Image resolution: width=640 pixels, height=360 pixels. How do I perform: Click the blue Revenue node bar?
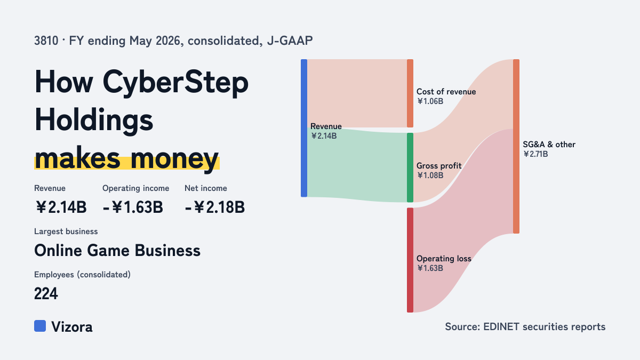[x=304, y=128]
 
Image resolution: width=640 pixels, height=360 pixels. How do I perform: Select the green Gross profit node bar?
[x=410, y=167]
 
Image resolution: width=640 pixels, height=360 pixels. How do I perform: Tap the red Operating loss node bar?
[x=410, y=260]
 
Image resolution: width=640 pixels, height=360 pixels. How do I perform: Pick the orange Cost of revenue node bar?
[x=410, y=93]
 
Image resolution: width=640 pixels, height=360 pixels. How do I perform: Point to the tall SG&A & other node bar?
[x=516, y=146]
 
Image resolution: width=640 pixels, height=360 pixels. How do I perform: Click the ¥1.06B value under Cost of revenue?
[x=430, y=101]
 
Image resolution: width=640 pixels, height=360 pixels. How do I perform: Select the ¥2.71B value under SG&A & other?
[x=535, y=154]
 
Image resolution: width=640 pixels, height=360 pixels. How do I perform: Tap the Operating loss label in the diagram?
[x=444, y=259]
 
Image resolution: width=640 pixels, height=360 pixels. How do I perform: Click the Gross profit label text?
[x=439, y=166]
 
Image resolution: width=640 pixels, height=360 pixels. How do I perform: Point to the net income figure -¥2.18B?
[x=215, y=207]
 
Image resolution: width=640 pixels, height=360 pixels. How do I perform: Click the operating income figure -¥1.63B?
[x=133, y=207]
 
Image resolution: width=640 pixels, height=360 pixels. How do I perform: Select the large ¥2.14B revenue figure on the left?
[x=61, y=207]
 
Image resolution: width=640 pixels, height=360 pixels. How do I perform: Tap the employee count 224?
[x=46, y=293]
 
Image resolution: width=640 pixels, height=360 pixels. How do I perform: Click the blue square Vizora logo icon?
[x=40, y=326]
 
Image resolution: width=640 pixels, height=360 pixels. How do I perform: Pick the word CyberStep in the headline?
[x=175, y=83]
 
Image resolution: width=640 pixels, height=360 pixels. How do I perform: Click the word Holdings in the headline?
[x=94, y=120]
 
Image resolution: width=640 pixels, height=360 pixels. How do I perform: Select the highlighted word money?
[x=174, y=159]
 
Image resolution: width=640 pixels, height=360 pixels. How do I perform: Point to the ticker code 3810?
[x=46, y=41]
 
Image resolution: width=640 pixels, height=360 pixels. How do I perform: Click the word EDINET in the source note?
[x=501, y=326]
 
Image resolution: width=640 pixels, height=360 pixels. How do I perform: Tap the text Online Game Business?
[x=117, y=251]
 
